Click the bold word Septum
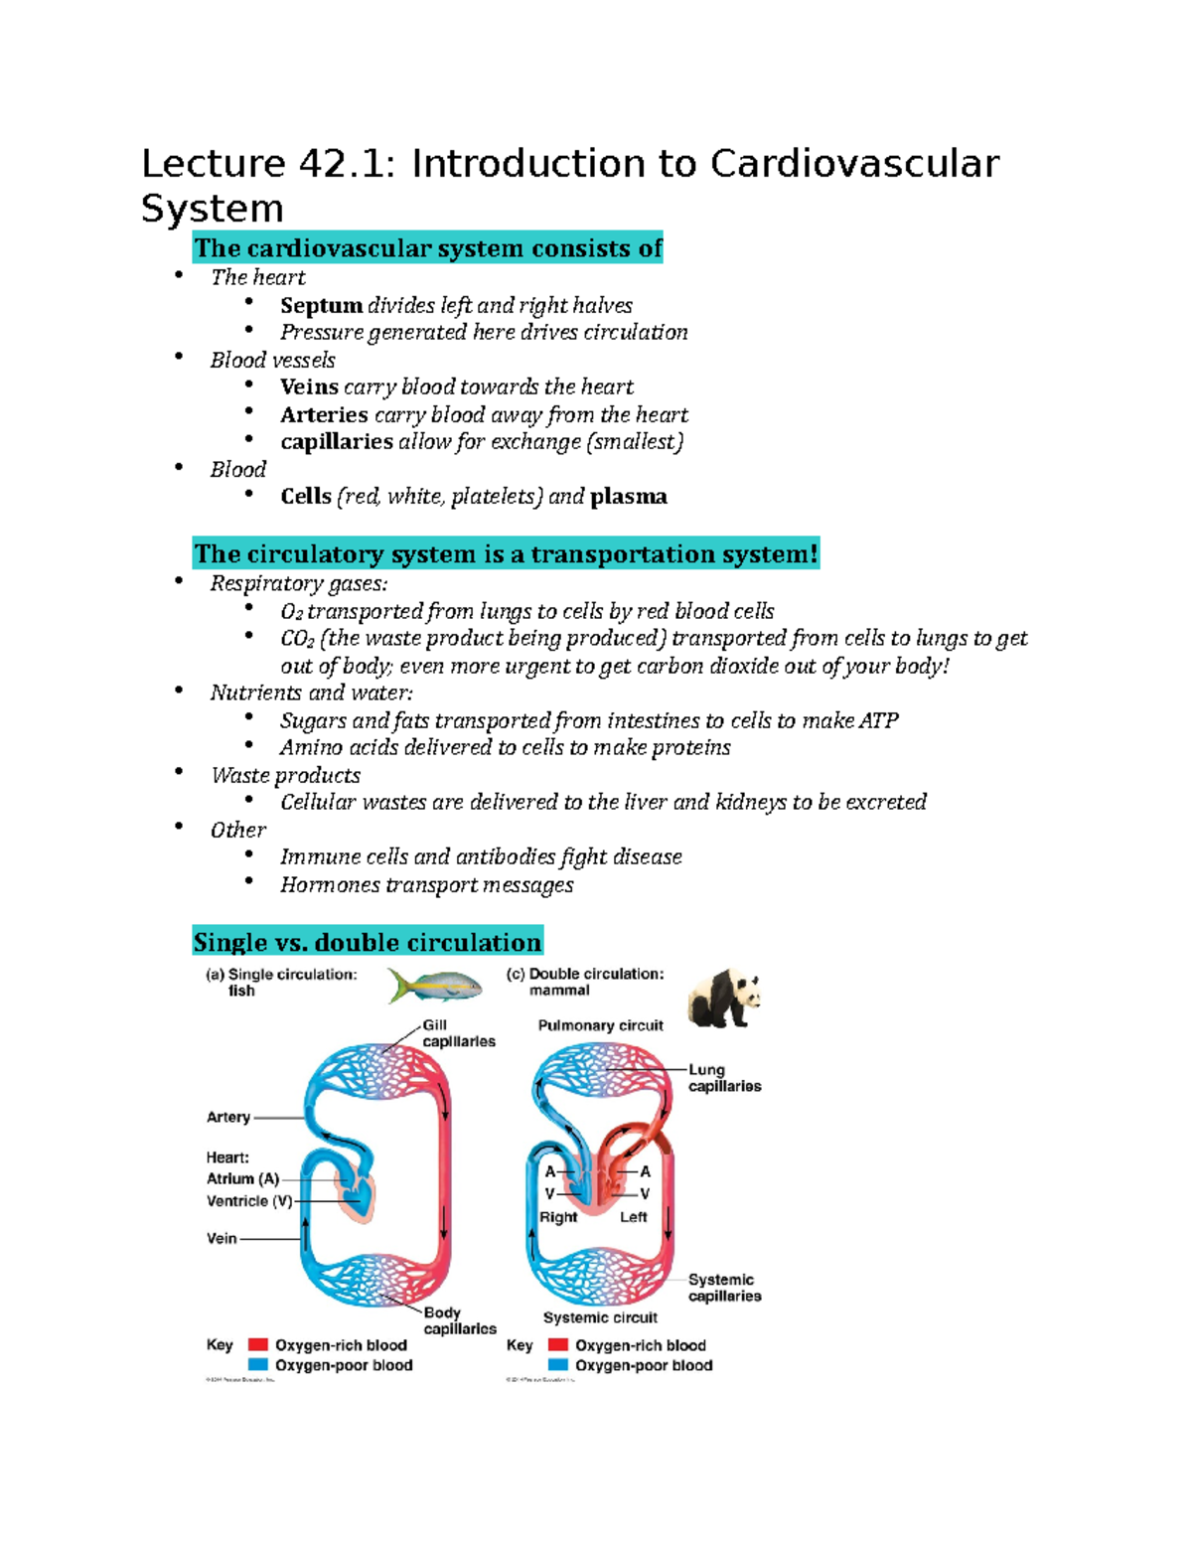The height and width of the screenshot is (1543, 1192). click(321, 306)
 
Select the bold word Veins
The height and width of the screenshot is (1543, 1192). click(309, 387)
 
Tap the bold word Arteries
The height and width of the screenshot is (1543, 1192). click(324, 415)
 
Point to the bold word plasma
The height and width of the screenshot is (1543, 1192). click(628, 497)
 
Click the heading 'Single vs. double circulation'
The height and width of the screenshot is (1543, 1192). click(368, 942)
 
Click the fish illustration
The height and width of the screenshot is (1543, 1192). click(435, 987)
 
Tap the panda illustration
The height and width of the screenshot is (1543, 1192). click(724, 998)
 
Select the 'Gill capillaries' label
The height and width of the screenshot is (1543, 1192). click(458, 1033)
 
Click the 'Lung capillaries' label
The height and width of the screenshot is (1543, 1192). click(724, 1078)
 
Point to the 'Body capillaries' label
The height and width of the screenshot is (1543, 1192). click(459, 1320)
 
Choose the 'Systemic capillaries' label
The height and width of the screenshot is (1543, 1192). click(724, 1288)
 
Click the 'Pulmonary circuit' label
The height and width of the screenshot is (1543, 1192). click(600, 1025)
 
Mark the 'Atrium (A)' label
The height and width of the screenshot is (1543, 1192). click(242, 1178)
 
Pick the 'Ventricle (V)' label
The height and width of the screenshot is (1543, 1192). click(249, 1201)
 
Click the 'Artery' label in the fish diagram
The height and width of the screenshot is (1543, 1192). click(228, 1117)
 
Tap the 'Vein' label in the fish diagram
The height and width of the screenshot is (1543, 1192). click(222, 1238)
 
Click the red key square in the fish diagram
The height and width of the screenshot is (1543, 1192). click(258, 1344)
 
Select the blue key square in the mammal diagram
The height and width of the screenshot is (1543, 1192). click(558, 1365)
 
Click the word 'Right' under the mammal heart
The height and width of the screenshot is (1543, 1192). click(557, 1217)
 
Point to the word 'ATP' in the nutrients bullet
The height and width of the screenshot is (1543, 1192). click(878, 721)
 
